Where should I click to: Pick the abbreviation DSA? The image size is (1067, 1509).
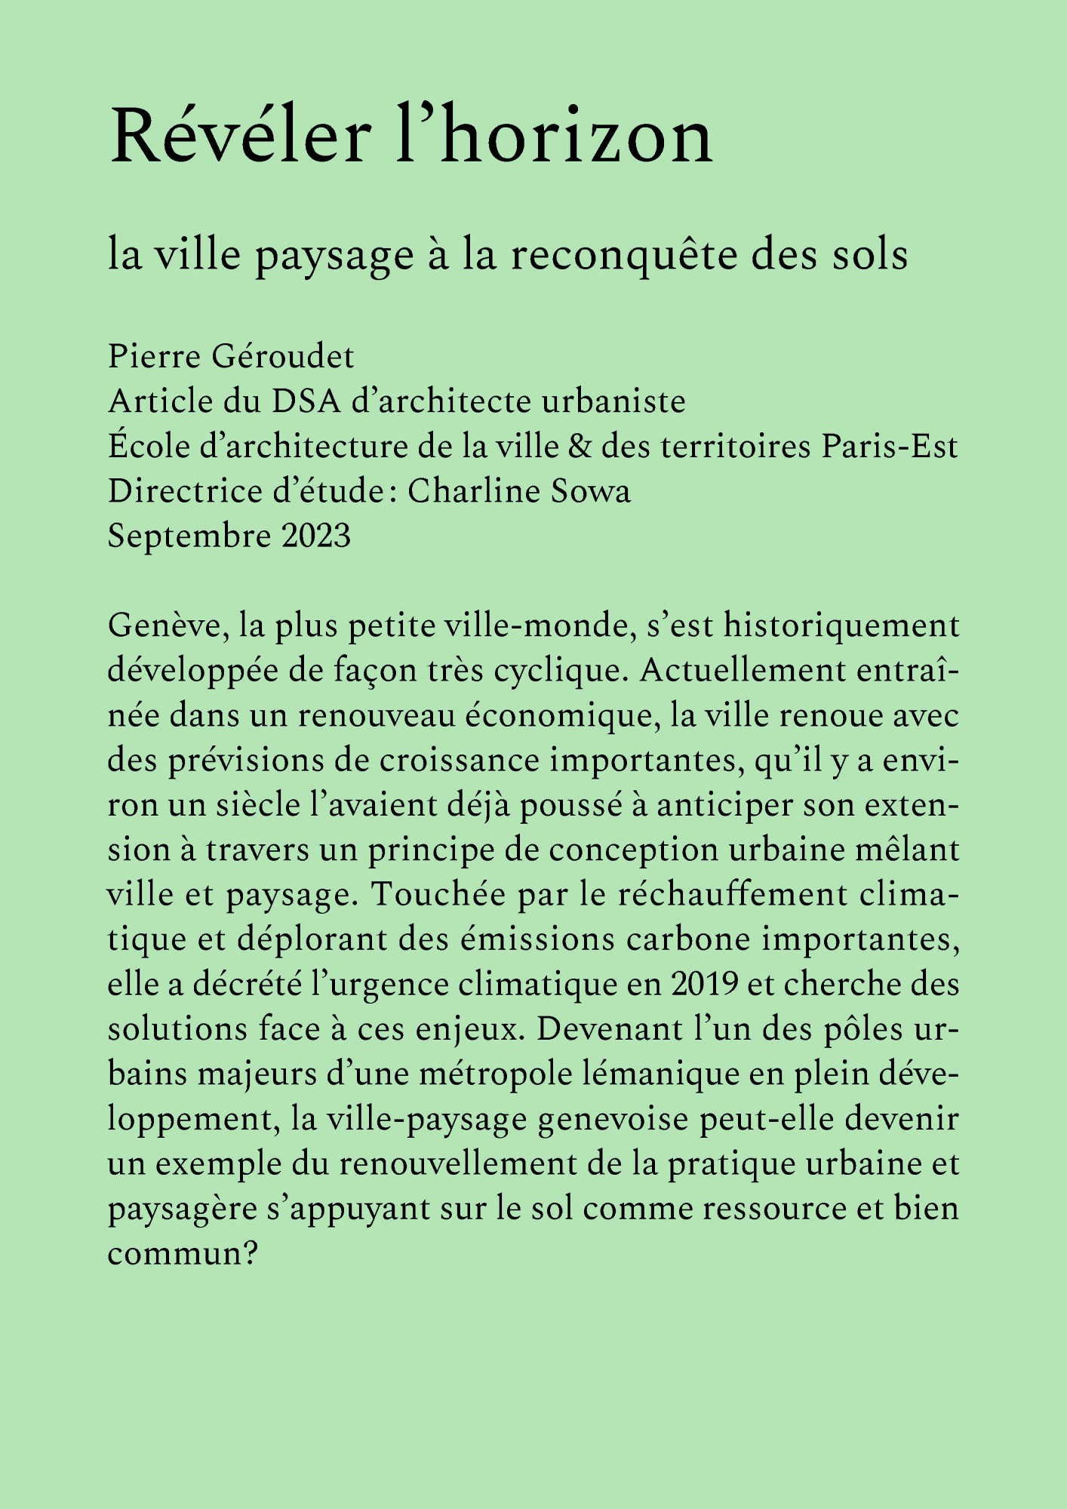pyautogui.click(x=306, y=401)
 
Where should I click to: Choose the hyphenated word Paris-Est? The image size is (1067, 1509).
pyautogui.click(x=890, y=447)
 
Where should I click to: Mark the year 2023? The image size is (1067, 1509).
pyautogui.click(x=316, y=536)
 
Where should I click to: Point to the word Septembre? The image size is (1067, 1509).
pyautogui.click(x=189, y=536)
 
